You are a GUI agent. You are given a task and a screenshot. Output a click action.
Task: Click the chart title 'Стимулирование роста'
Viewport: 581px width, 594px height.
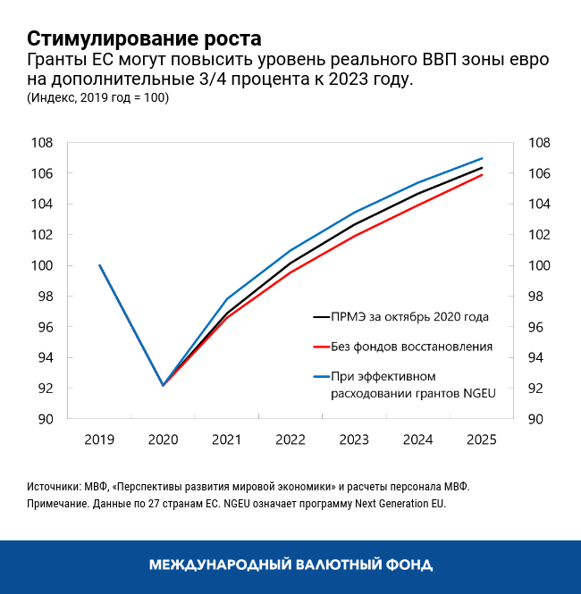(144, 38)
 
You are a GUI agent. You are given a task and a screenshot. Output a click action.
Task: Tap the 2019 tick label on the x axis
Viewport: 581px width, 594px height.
(99, 439)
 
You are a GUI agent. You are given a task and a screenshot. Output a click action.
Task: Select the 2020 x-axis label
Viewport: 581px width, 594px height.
(163, 439)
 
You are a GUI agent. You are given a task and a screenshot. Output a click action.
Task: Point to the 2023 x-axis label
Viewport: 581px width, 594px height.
(355, 439)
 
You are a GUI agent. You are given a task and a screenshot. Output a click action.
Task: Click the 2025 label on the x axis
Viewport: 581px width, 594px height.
(482, 439)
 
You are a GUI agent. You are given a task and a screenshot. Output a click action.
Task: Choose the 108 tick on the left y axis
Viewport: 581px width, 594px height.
(42, 143)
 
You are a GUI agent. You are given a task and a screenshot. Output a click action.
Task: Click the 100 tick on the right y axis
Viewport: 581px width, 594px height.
(541, 266)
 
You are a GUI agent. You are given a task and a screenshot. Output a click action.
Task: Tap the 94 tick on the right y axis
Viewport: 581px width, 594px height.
(541, 358)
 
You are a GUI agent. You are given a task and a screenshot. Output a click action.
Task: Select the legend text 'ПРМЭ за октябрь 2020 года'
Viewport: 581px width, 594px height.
(410, 317)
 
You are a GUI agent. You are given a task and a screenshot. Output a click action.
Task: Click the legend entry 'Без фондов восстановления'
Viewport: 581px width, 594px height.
(412, 346)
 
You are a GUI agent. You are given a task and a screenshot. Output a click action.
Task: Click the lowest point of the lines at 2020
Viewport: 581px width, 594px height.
(163, 385)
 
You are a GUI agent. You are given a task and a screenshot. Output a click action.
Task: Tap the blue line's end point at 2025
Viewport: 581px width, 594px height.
(483, 158)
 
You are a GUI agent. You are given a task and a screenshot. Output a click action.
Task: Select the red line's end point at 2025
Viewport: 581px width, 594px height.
(483, 175)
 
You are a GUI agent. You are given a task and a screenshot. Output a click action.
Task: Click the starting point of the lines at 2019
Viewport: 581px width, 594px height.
(99, 265)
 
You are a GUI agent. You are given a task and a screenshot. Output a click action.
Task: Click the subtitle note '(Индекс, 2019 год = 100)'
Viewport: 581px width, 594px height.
(97, 98)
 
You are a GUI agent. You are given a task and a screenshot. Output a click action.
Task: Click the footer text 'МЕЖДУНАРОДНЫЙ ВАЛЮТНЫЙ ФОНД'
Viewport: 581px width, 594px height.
(290, 565)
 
